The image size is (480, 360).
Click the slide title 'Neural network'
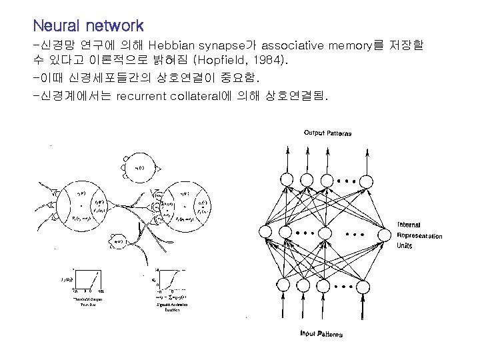click(x=88, y=27)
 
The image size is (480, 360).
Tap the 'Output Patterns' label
click(x=327, y=133)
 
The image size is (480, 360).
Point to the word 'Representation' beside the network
click(x=419, y=235)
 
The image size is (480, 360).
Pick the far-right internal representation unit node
click(x=385, y=233)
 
